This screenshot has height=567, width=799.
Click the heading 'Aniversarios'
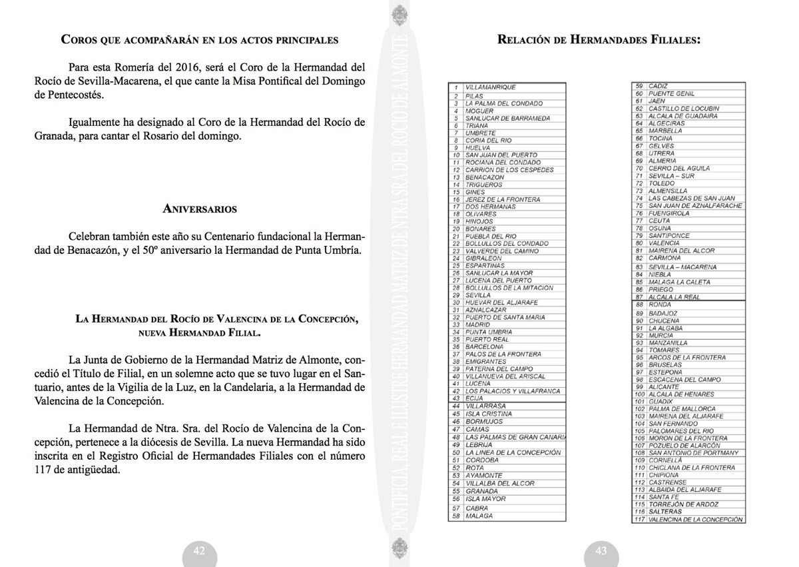click(200, 209)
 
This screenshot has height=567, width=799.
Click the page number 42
click(199, 550)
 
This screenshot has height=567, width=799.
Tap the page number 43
click(601, 550)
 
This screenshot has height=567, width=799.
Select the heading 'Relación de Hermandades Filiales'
click(599, 39)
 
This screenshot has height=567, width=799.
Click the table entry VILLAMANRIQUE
click(491, 87)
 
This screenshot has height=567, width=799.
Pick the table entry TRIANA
click(477, 125)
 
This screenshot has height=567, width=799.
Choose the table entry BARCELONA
click(485, 346)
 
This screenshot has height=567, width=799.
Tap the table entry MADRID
click(478, 324)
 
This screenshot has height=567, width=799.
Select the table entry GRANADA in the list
click(482, 491)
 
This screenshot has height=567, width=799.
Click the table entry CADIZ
click(658, 86)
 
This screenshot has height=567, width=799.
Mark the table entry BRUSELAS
click(666, 364)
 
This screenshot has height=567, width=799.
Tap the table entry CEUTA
click(659, 221)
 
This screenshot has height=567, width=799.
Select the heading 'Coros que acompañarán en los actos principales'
click(200, 39)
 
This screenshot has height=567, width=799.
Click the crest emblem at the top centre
click(399, 14)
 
